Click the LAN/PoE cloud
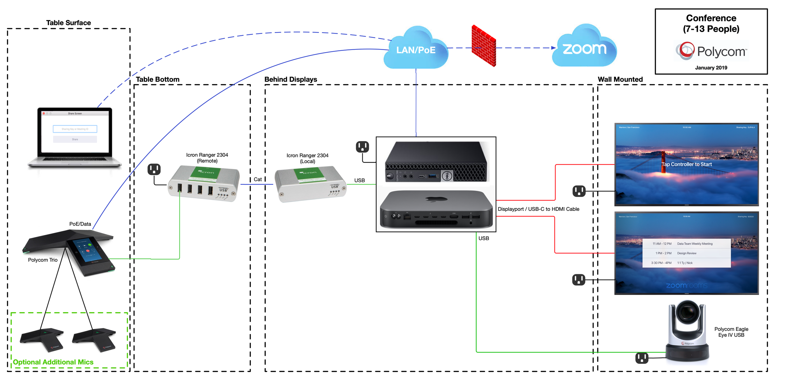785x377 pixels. click(415, 50)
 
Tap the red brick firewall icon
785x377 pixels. click(484, 46)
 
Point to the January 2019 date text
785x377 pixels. click(711, 68)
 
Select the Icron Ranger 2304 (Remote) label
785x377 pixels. click(207, 158)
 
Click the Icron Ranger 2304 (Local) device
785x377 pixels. click(310, 184)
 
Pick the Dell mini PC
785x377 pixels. click(436, 162)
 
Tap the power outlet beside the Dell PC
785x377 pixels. click(362, 147)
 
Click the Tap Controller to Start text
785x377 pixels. click(686, 164)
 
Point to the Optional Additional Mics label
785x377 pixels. click(53, 362)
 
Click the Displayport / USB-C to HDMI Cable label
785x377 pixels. click(538, 209)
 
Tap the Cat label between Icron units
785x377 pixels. click(257, 179)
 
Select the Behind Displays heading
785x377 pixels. click(290, 79)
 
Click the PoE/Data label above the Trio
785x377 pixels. click(80, 224)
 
